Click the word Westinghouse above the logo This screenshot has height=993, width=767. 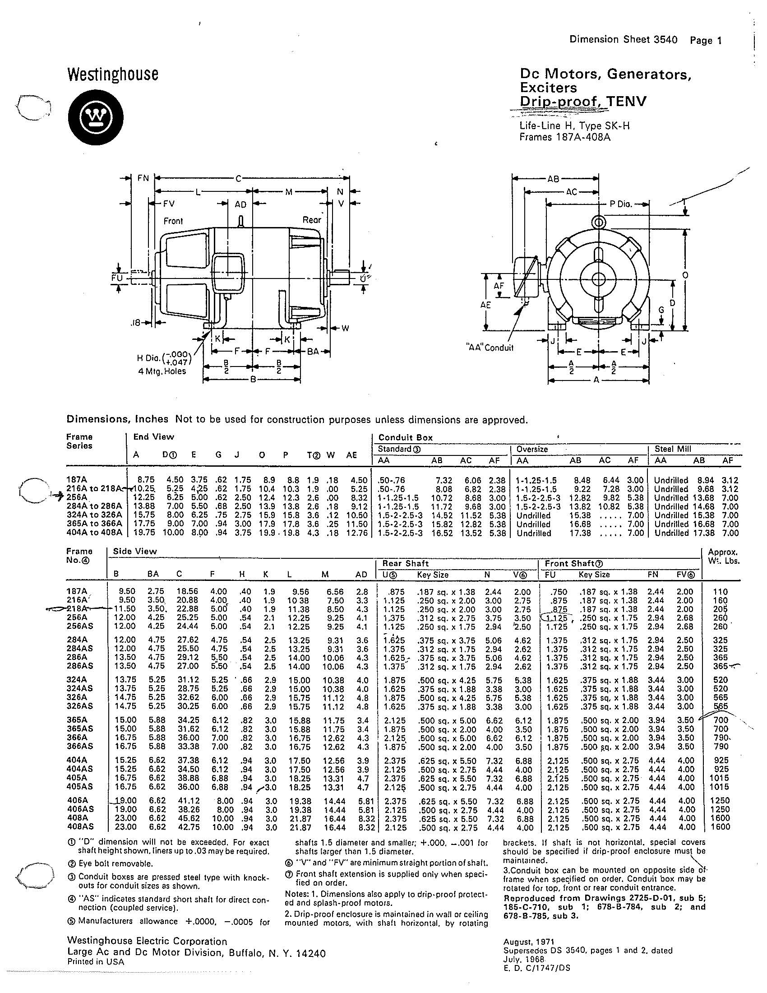(113, 74)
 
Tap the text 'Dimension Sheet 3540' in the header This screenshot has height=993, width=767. (623, 40)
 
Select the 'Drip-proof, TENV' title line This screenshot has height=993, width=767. (582, 102)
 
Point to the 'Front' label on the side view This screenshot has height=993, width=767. (173, 221)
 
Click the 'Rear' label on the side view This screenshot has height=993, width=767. (312, 220)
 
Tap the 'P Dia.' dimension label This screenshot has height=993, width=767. (621, 204)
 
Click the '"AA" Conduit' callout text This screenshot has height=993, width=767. (490, 348)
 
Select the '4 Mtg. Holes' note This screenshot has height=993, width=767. (162, 371)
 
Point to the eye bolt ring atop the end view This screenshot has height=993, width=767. (598, 223)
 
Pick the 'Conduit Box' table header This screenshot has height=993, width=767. (405, 438)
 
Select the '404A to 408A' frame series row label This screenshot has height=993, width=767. (94, 533)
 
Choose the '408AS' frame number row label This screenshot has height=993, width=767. (79, 827)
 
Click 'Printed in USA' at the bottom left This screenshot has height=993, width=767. (95, 962)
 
